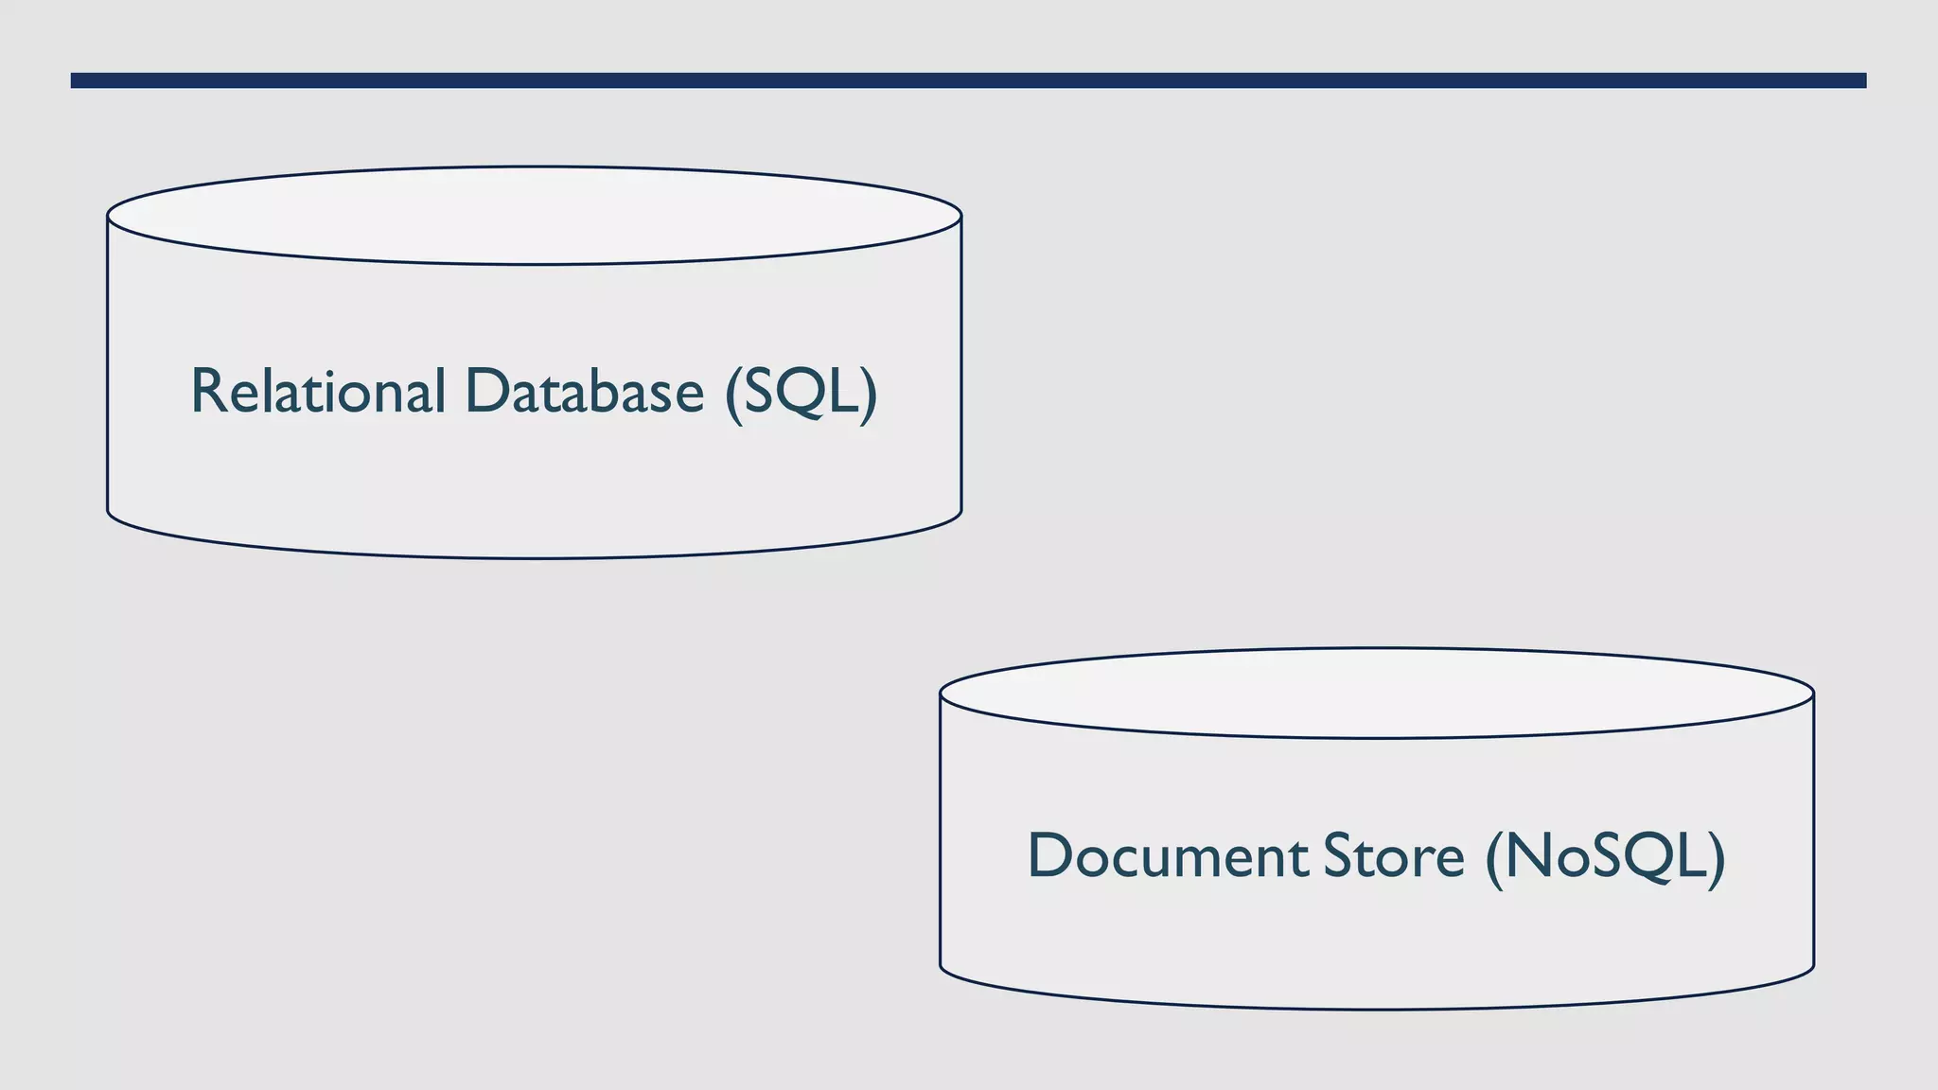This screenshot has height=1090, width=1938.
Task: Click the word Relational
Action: [x=317, y=391]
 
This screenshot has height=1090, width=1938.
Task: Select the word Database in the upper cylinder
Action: [x=584, y=391]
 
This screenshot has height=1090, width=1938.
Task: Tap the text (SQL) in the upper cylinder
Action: [x=801, y=393]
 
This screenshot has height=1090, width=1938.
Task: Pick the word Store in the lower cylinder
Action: [x=1393, y=855]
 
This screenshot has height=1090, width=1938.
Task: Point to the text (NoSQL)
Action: [x=1605, y=857]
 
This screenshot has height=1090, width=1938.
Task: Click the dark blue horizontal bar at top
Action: [x=968, y=80]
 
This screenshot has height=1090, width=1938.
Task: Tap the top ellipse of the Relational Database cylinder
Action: [x=534, y=216]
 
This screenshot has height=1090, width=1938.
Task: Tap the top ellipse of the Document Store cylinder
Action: [x=1376, y=694]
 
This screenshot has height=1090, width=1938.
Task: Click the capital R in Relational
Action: [x=208, y=391]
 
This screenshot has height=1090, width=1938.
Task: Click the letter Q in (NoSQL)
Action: [x=1653, y=858]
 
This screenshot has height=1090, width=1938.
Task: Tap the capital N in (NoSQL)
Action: [x=1530, y=855]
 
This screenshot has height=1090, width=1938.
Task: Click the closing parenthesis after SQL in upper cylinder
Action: [x=869, y=394]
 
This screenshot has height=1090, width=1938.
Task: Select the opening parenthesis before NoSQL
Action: [x=1494, y=858]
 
